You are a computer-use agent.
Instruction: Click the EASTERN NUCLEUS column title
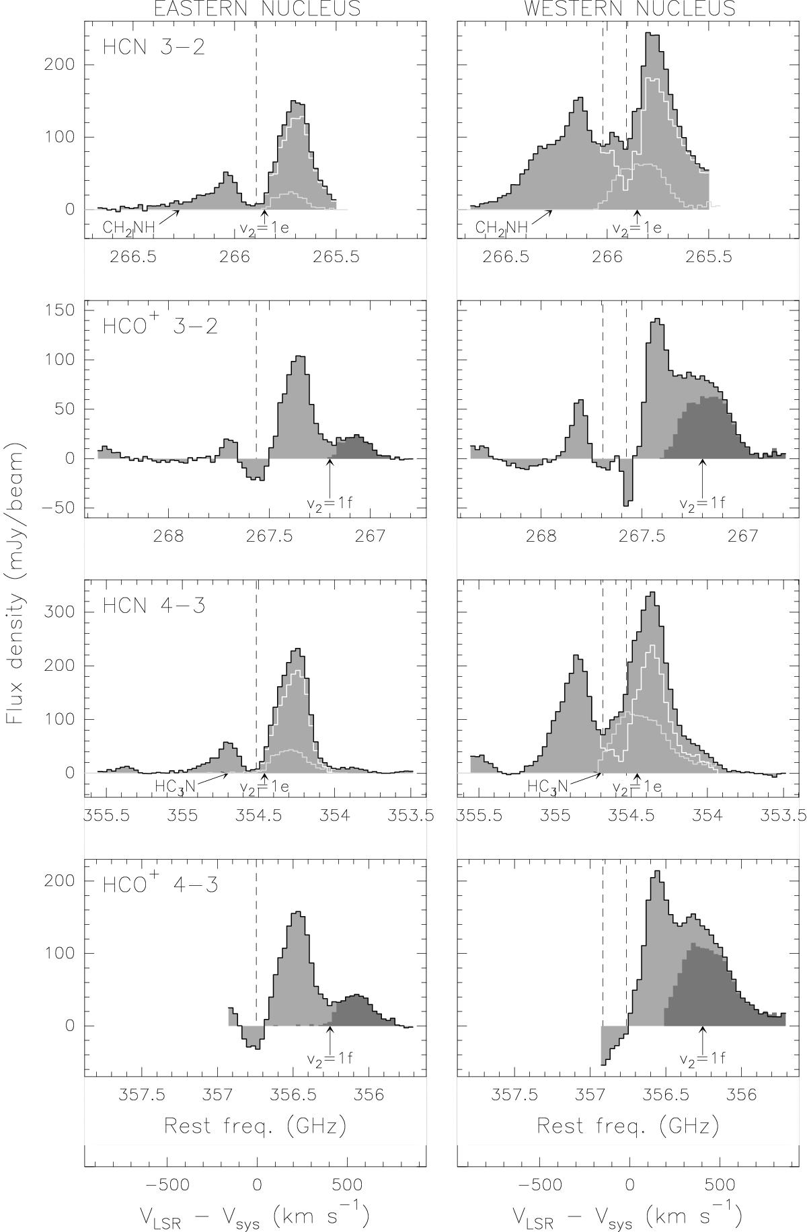coord(256,8)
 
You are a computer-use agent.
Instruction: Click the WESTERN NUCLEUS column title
coord(629,8)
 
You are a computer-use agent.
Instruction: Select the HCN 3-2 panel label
coord(153,48)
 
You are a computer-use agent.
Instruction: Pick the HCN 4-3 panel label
coord(153,605)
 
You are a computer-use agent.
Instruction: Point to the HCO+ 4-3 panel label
coord(160,884)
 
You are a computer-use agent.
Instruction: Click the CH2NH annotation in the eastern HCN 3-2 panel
coord(128,227)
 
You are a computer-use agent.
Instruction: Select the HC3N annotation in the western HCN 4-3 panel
coord(548,787)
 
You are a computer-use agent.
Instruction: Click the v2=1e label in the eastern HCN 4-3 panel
coord(264,787)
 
